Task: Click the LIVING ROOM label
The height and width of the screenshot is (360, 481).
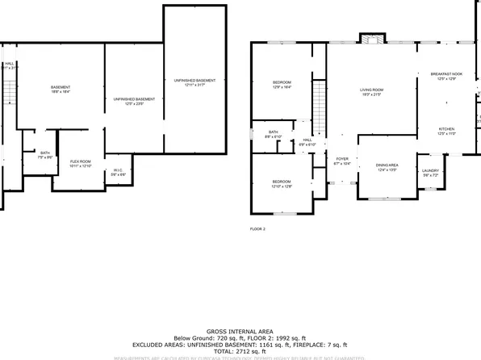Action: (370, 90)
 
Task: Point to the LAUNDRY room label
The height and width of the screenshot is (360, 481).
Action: (429, 170)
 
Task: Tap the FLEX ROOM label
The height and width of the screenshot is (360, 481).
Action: (80, 161)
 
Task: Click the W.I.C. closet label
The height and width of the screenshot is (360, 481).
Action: (117, 170)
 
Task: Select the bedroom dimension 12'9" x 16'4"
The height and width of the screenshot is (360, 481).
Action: (282, 87)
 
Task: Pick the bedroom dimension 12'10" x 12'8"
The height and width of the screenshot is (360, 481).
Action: (282, 186)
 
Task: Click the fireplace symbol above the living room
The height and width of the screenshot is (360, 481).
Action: (370, 40)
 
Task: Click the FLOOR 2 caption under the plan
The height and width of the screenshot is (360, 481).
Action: (257, 229)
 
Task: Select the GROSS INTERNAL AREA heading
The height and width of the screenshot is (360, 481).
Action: (240, 332)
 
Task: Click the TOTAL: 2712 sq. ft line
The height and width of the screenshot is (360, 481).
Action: (240, 352)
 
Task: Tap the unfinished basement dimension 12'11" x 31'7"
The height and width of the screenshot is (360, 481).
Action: (194, 85)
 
